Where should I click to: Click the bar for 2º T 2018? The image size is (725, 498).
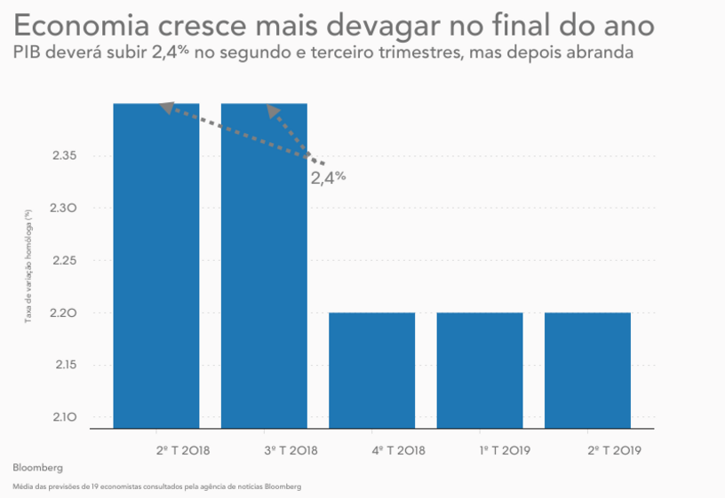[156, 266]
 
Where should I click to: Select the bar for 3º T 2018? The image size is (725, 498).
[264, 266]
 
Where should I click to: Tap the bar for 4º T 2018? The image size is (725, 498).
[371, 369]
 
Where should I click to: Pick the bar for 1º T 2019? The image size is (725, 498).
[480, 369]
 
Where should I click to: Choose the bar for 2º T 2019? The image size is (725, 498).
[587, 369]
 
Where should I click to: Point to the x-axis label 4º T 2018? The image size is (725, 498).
[398, 450]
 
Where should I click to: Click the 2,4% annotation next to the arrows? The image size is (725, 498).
[327, 178]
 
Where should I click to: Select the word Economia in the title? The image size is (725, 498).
[73, 24]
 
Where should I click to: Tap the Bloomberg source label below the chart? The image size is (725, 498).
[38, 467]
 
